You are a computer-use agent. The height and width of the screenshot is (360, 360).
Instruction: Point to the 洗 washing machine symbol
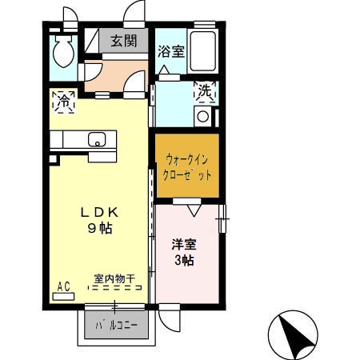pos(205,92)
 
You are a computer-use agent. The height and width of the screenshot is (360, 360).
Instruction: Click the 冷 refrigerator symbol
pos(63,102)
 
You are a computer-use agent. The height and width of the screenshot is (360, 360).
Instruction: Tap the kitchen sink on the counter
pos(97,140)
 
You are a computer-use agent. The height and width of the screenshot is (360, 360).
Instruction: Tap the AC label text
pos(63,284)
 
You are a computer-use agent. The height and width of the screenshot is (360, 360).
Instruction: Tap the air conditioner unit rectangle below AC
pos(63,295)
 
